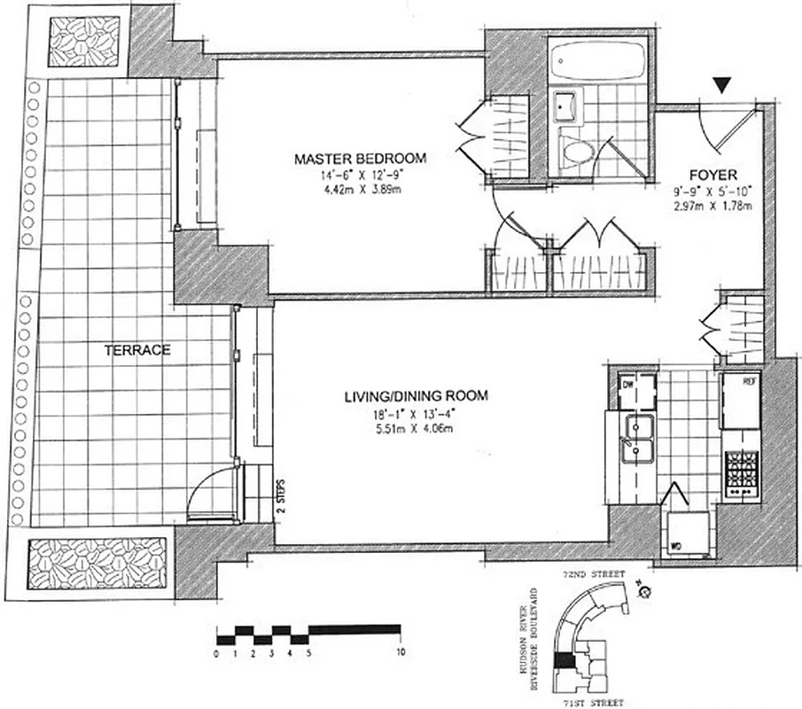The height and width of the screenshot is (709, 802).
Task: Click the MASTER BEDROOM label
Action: [x=360, y=159]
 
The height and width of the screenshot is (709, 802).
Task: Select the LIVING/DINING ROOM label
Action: [x=416, y=396]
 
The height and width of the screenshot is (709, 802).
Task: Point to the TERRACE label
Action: [x=137, y=350]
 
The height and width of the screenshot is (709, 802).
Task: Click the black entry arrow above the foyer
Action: [x=724, y=85]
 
